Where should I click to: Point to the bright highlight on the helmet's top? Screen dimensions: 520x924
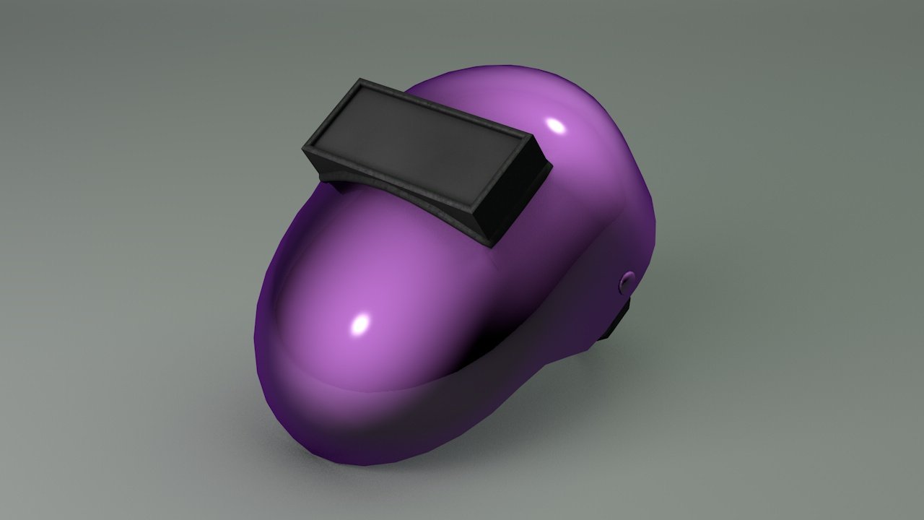click(x=556, y=126)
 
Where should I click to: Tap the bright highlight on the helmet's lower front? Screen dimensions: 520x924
click(x=359, y=324)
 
